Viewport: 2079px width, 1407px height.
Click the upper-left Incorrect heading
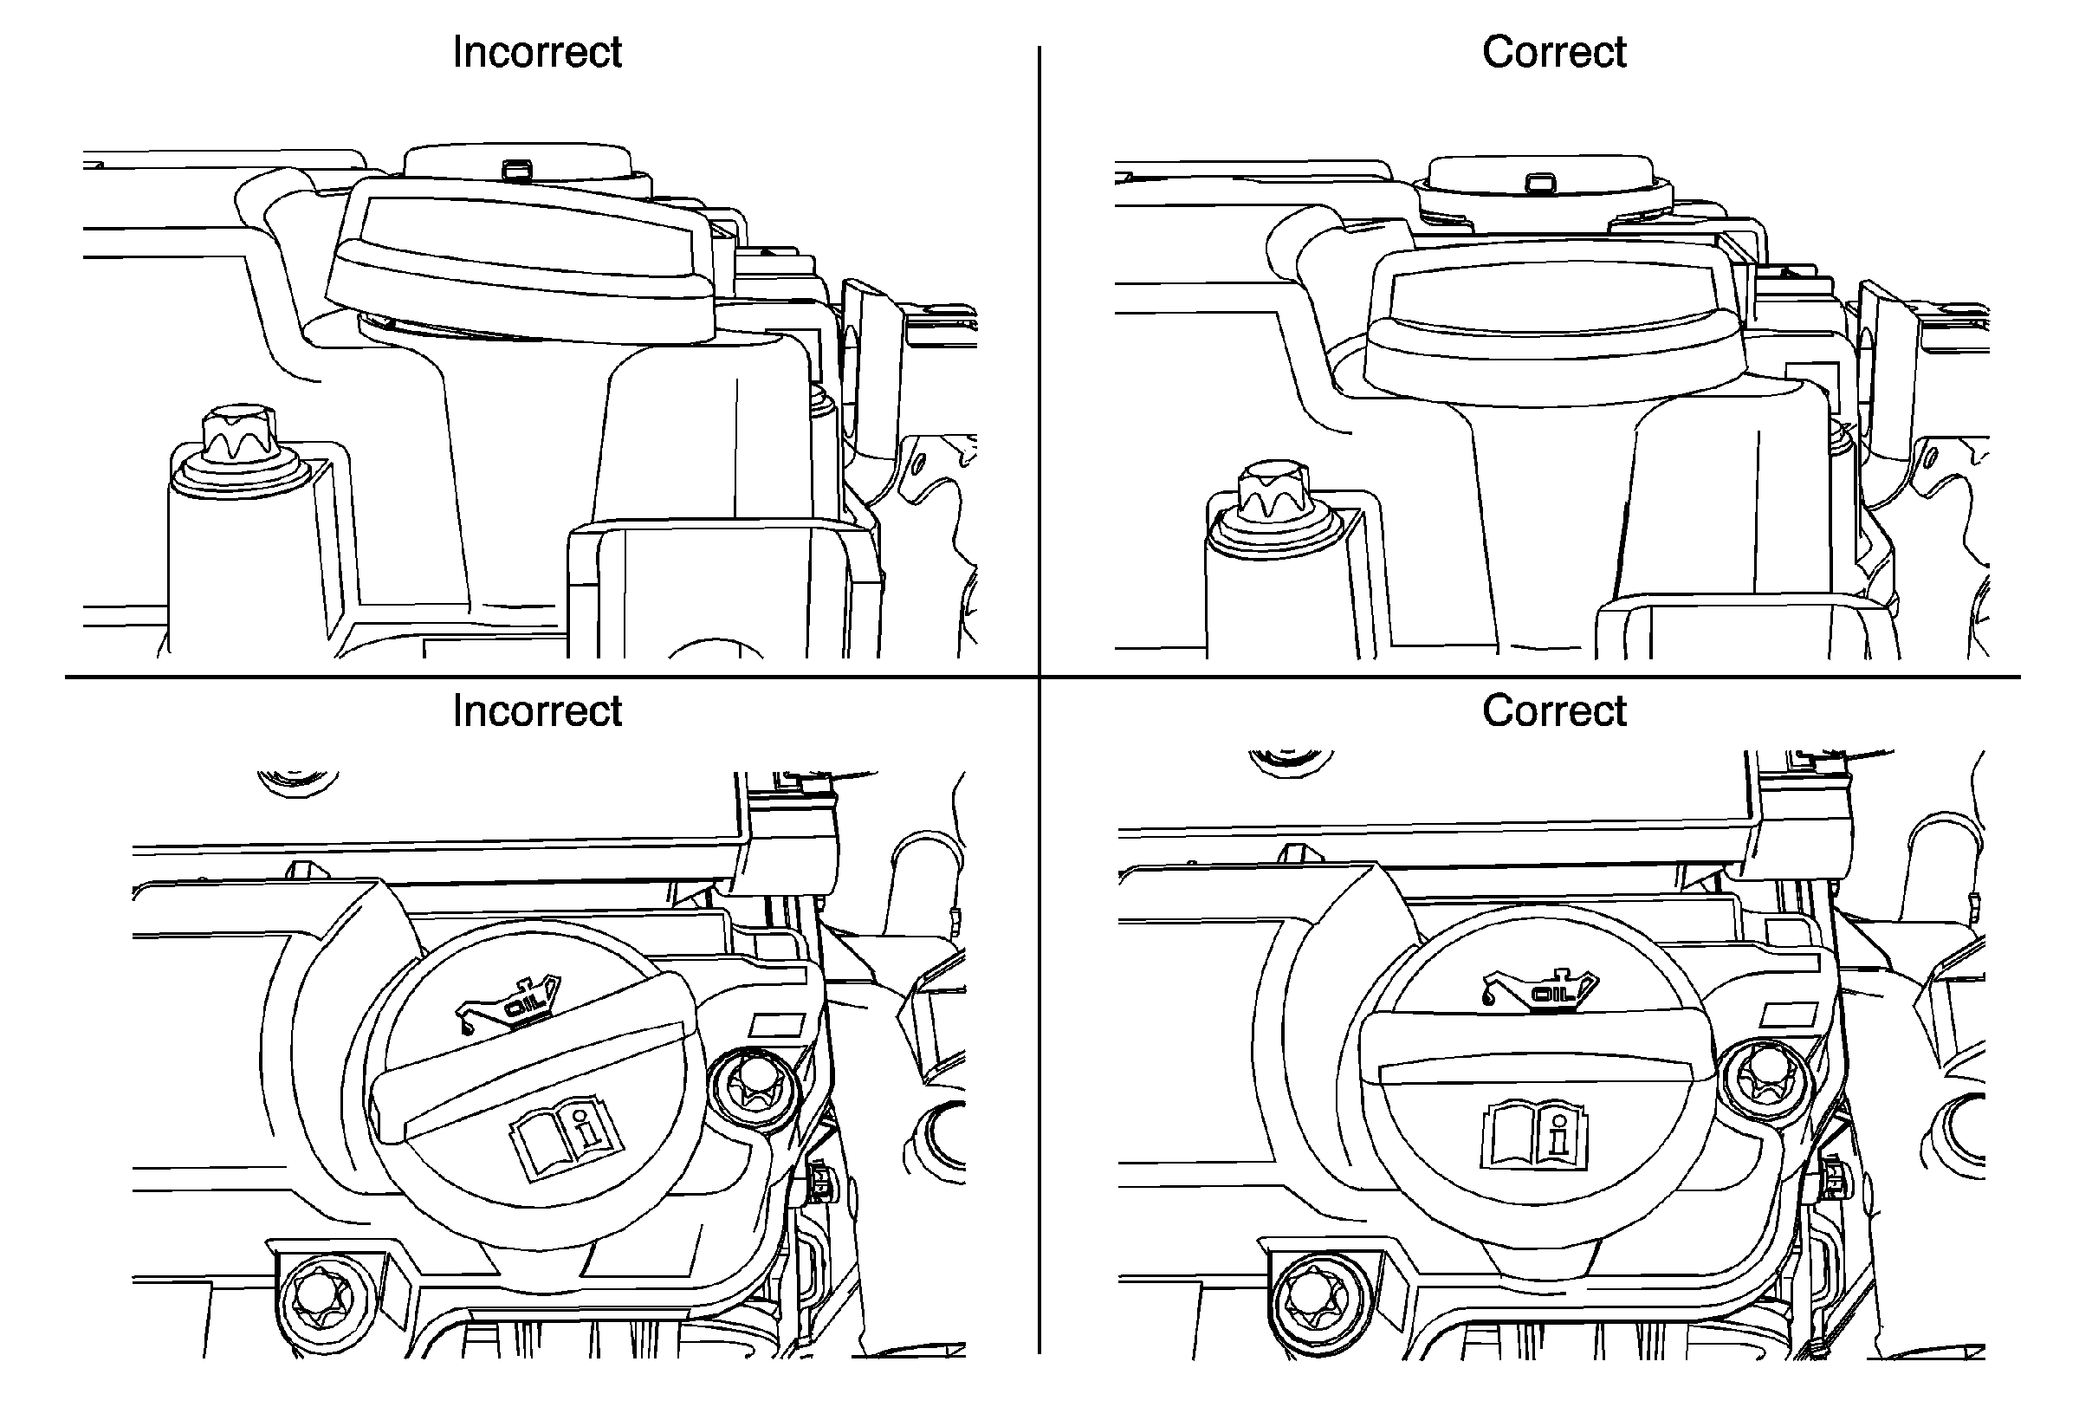point(537,52)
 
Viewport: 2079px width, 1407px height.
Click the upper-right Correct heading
point(1554,52)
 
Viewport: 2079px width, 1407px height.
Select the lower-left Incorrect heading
point(537,711)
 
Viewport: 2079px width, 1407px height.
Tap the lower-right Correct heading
point(1554,711)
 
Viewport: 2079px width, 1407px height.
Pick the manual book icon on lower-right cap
point(1535,1136)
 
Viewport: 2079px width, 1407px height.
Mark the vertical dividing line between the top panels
point(1039,358)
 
